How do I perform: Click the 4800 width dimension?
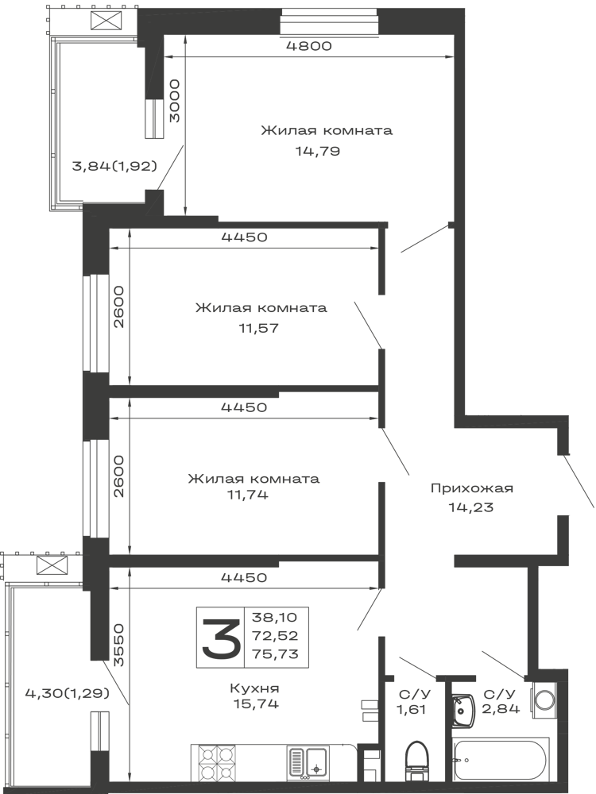(308, 46)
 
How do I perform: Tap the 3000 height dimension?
(174, 100)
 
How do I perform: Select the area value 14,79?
(318, 151)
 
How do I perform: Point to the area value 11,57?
(258, 328)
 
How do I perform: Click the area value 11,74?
(248, 495)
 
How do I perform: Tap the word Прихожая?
(472, 488)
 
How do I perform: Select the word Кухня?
(254, 688)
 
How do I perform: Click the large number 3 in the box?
(220, 637)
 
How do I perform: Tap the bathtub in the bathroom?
(501, 760)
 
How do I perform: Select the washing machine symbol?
(544, 700)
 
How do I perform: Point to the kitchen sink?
(308, 761)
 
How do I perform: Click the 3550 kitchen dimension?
(118, 645)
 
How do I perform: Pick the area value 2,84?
(501, 708)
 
